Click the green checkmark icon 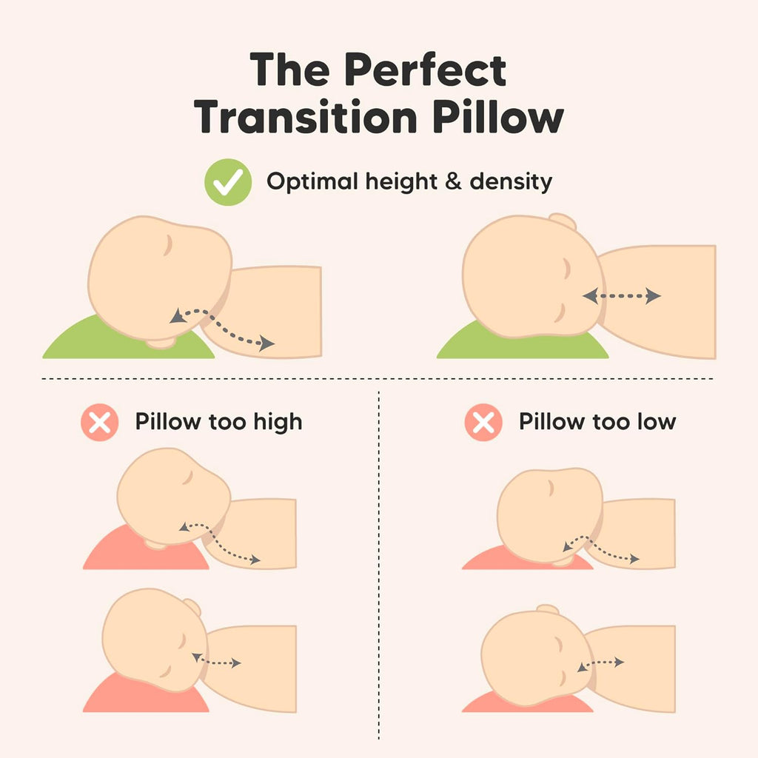[x=228, y=182]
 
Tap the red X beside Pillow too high [x=100, y=423]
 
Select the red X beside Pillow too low [x=483, y=423]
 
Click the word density [x=510, y=182]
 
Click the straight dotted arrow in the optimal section [x=621, y=296]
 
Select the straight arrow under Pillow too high [x=216, y=660]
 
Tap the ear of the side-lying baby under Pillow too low [x=548, y=610]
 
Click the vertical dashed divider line [x=378, y=563]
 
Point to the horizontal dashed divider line [x=378, y=379]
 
